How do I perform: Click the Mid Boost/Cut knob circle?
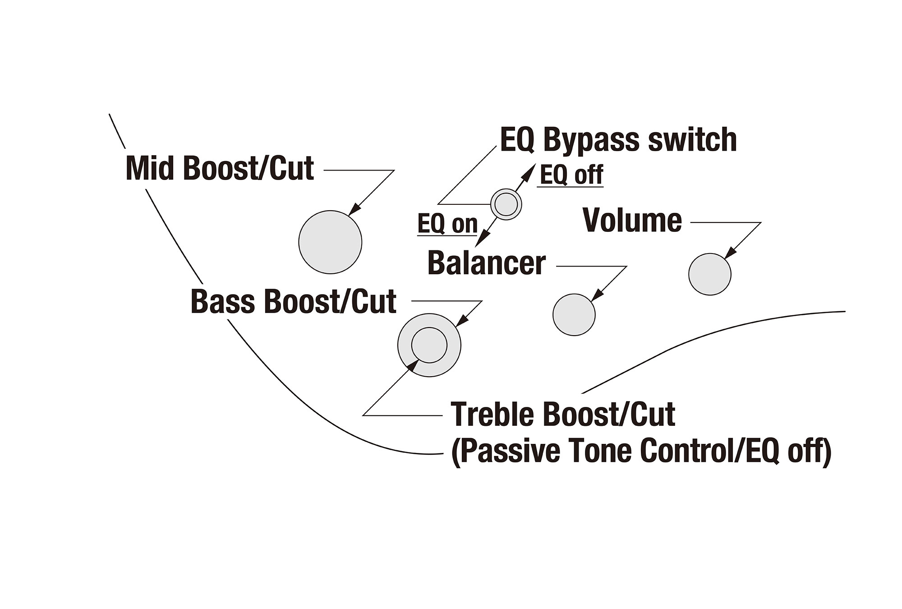(x=330, y=242)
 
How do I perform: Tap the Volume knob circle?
(x=709, y=274)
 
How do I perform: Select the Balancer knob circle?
(x=574, y=315)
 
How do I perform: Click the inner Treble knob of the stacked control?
(x=429, y=345)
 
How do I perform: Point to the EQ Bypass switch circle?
(x=506, y=204)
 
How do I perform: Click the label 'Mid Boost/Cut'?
(x=220, y=169)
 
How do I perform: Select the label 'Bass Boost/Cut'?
(x=293, y=301)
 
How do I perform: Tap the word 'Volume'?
(x=632, y=221)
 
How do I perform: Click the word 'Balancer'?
(x=486, y=263)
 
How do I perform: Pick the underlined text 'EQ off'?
(x=571, y=175)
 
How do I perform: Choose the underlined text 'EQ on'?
(x=447, y=224)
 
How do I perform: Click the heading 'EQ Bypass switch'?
(x=618, y=139)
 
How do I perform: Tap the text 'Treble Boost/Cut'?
(x=562, y=414)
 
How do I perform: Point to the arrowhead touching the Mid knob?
(x=355, y=209)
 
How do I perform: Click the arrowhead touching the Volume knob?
(x=730, y=254)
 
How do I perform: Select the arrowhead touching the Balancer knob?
(x=596, y=295)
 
